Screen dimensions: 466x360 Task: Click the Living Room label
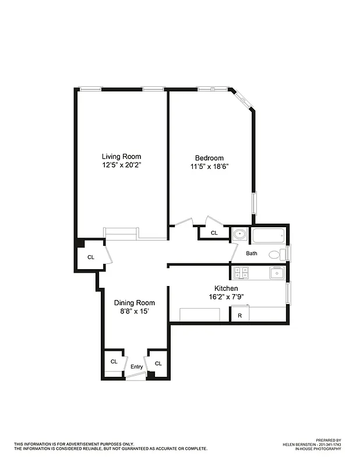121,156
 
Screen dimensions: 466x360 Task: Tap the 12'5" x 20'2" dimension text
121,165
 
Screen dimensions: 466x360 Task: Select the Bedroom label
209,158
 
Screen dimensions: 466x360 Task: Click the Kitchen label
226,288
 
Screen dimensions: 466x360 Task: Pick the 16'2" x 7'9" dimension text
226,297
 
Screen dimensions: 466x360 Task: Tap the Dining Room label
135,302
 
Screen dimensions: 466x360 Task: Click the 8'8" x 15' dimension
135,312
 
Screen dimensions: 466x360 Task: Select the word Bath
251,253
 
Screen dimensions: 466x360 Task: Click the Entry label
136,366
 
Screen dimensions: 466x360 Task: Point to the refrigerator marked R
239,316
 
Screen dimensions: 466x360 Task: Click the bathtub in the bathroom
268,236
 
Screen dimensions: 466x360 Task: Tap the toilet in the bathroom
276,254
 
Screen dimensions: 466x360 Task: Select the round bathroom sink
239,235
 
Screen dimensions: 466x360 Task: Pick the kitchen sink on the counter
276,272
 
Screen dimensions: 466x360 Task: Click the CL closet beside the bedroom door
214,233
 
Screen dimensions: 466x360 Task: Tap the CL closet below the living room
90,257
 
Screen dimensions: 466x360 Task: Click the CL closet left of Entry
114,361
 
